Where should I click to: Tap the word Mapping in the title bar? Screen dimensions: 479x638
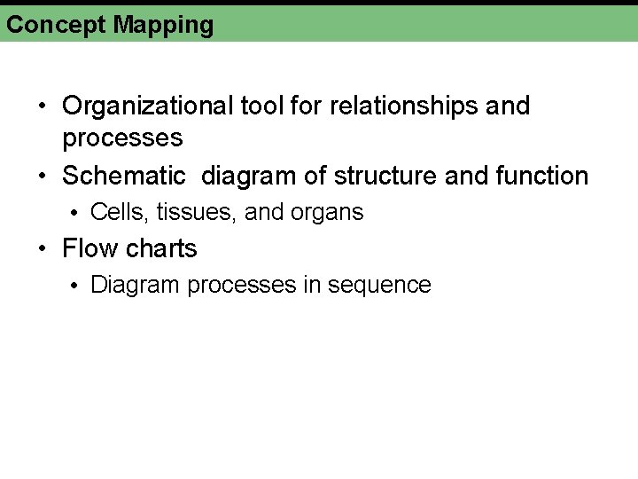click(163, 26)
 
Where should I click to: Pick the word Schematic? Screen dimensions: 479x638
click(124, 176)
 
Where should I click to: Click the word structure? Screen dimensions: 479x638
click(387, 176)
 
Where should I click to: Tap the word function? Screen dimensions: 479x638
click(541, 176)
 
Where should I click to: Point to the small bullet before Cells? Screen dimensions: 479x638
click(77, 213)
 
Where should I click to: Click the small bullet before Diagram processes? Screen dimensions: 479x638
click(77, 286)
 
